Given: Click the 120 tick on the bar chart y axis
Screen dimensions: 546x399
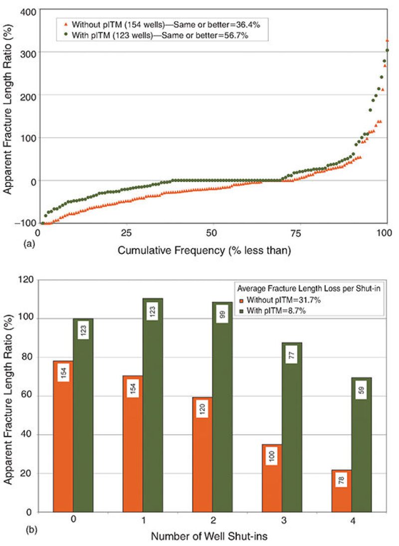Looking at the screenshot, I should (x=26, y=280).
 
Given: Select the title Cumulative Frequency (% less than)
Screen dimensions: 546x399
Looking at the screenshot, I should (x=204, y=251).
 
